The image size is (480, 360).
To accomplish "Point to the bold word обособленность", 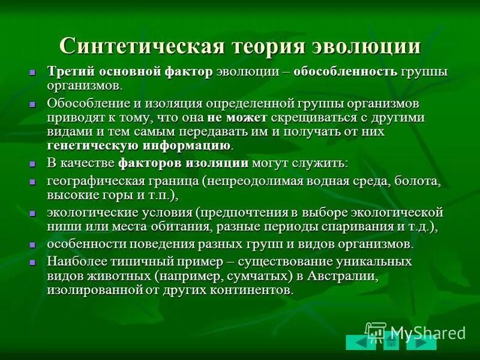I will pyautogui.click(x=345, y=72).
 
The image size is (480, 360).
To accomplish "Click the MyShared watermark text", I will pyautogui.click(x=427, y=332).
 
